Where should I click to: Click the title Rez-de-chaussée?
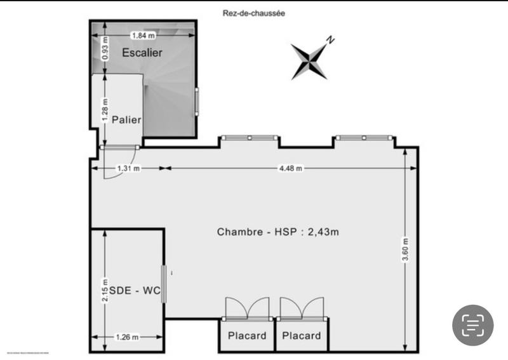tap(253, 11)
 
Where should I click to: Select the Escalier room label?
tap(142, 53)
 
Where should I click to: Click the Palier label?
tap(126, 119)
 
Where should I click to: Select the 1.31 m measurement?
tap(128, 168)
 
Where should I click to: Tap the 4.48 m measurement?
tap(290, 168)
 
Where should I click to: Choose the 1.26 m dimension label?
tap(127, 337)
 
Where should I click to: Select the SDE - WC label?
tap(134, 291)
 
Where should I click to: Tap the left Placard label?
tap(247, 336)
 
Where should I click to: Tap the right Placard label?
tap(302, 336)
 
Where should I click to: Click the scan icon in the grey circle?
tap(472, 325)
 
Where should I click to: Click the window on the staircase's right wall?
tap(197, 102)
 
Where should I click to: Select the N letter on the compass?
tap(330, 39)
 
